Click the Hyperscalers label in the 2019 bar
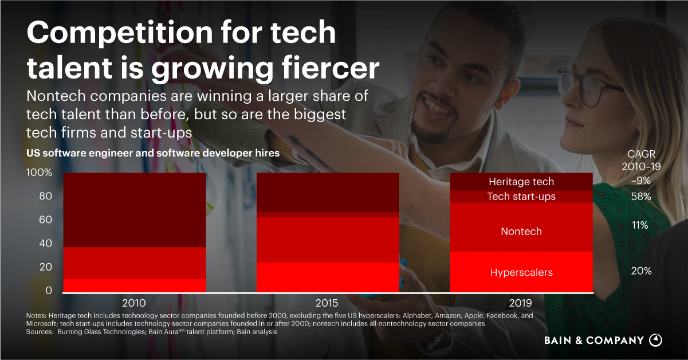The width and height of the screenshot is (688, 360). tap(521, 272)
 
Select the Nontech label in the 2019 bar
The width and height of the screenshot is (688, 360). tap(521, 232)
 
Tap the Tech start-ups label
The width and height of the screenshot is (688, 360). tap(521, 197)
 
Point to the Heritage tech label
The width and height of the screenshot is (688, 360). tap(521, 182)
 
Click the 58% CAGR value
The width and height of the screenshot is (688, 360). tap(641, 197)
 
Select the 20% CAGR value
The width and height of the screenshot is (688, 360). tap(641, 271)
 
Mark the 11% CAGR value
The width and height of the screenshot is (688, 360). tap(640, 226)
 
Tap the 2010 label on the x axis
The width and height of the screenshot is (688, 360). tap(134, 303)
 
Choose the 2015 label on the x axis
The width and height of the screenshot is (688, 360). tap(327, 303)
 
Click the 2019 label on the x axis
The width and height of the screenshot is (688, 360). tap(520, 303)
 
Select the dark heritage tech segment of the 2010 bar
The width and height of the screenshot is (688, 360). tap(135, 209)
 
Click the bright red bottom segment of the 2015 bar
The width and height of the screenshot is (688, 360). tap(328, 277)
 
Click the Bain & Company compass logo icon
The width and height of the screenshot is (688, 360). tap(655, 340)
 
